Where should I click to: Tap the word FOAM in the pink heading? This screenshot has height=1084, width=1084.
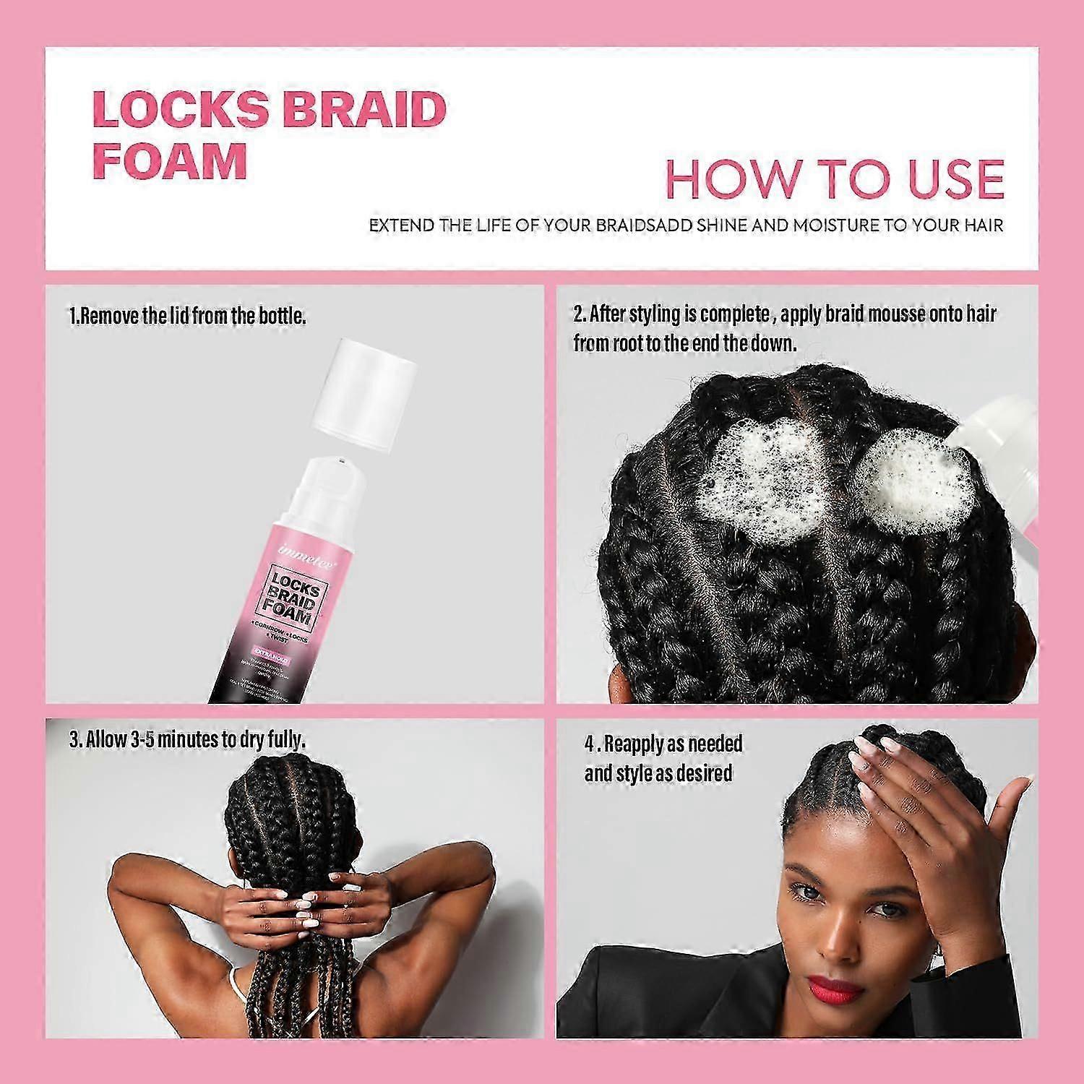[x=170, y=160]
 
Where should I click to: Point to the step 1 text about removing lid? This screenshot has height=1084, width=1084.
[x=188, y=316]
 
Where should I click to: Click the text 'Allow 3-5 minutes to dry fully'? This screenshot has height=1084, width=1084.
[x=188, y=739]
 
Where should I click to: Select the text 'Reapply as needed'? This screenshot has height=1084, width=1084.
[x=663, y=744]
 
